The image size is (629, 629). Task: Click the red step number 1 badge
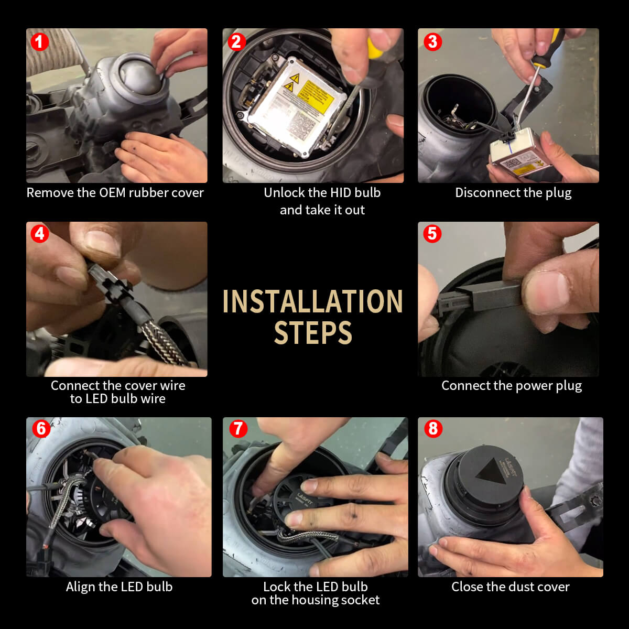(39, 41)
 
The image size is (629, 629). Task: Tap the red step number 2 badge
(236, 41)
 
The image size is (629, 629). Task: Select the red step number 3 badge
(432, 41)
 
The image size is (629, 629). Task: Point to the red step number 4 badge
(39, 233)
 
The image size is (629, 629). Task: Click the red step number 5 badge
(432, 233)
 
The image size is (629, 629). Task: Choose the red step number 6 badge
(41, 428)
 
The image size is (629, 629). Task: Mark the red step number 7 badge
(237, 428)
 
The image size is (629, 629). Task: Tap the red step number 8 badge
(432, 428)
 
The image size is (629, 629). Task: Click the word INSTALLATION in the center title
(312, 302)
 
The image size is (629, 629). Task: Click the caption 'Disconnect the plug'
(513, 193)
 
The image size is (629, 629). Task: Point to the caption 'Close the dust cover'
(511, 587)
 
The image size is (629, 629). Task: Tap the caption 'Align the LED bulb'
(119, 587)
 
